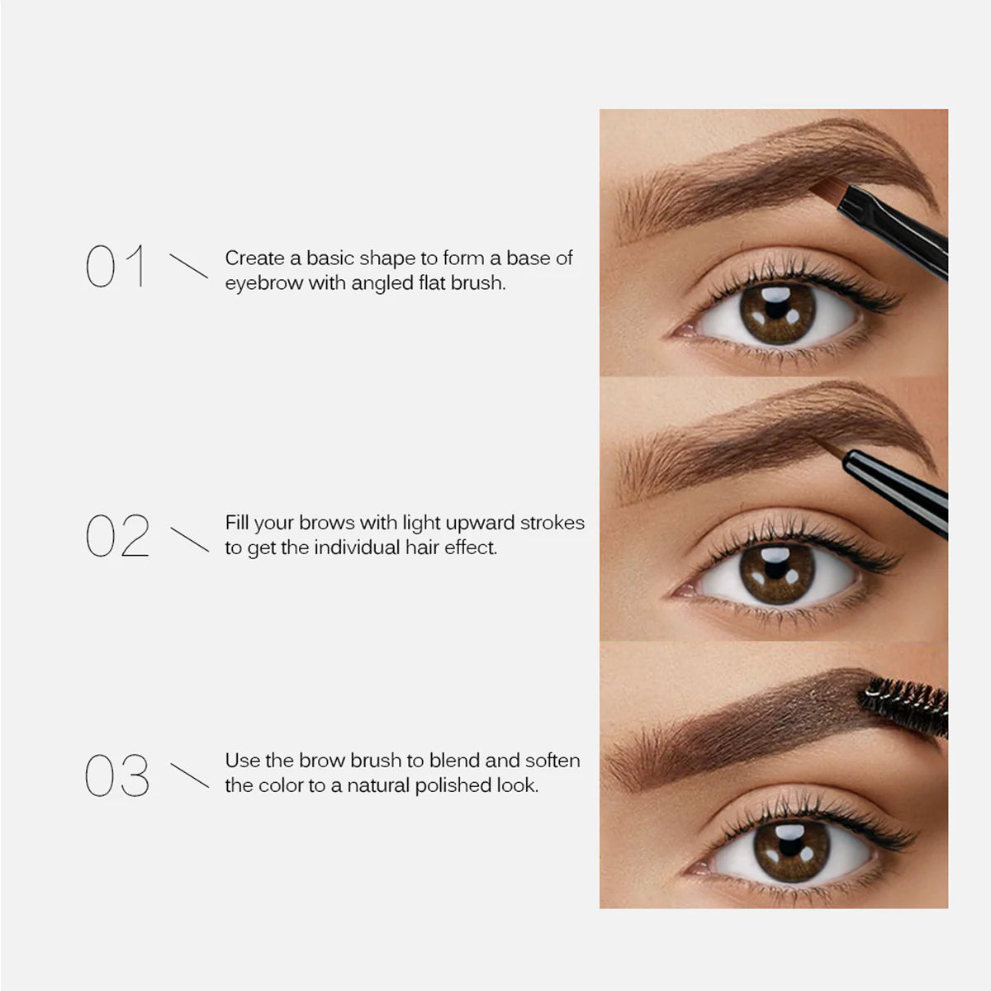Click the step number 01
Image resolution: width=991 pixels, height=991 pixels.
116,266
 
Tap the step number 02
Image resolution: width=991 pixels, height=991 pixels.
117,535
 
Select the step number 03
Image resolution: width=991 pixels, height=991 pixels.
117,775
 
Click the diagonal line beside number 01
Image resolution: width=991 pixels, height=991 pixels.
188,266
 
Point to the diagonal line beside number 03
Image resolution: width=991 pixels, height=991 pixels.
189,775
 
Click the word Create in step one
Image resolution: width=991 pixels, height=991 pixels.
254,258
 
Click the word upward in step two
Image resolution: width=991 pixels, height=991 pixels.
480,522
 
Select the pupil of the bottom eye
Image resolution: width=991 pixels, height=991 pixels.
791,851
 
